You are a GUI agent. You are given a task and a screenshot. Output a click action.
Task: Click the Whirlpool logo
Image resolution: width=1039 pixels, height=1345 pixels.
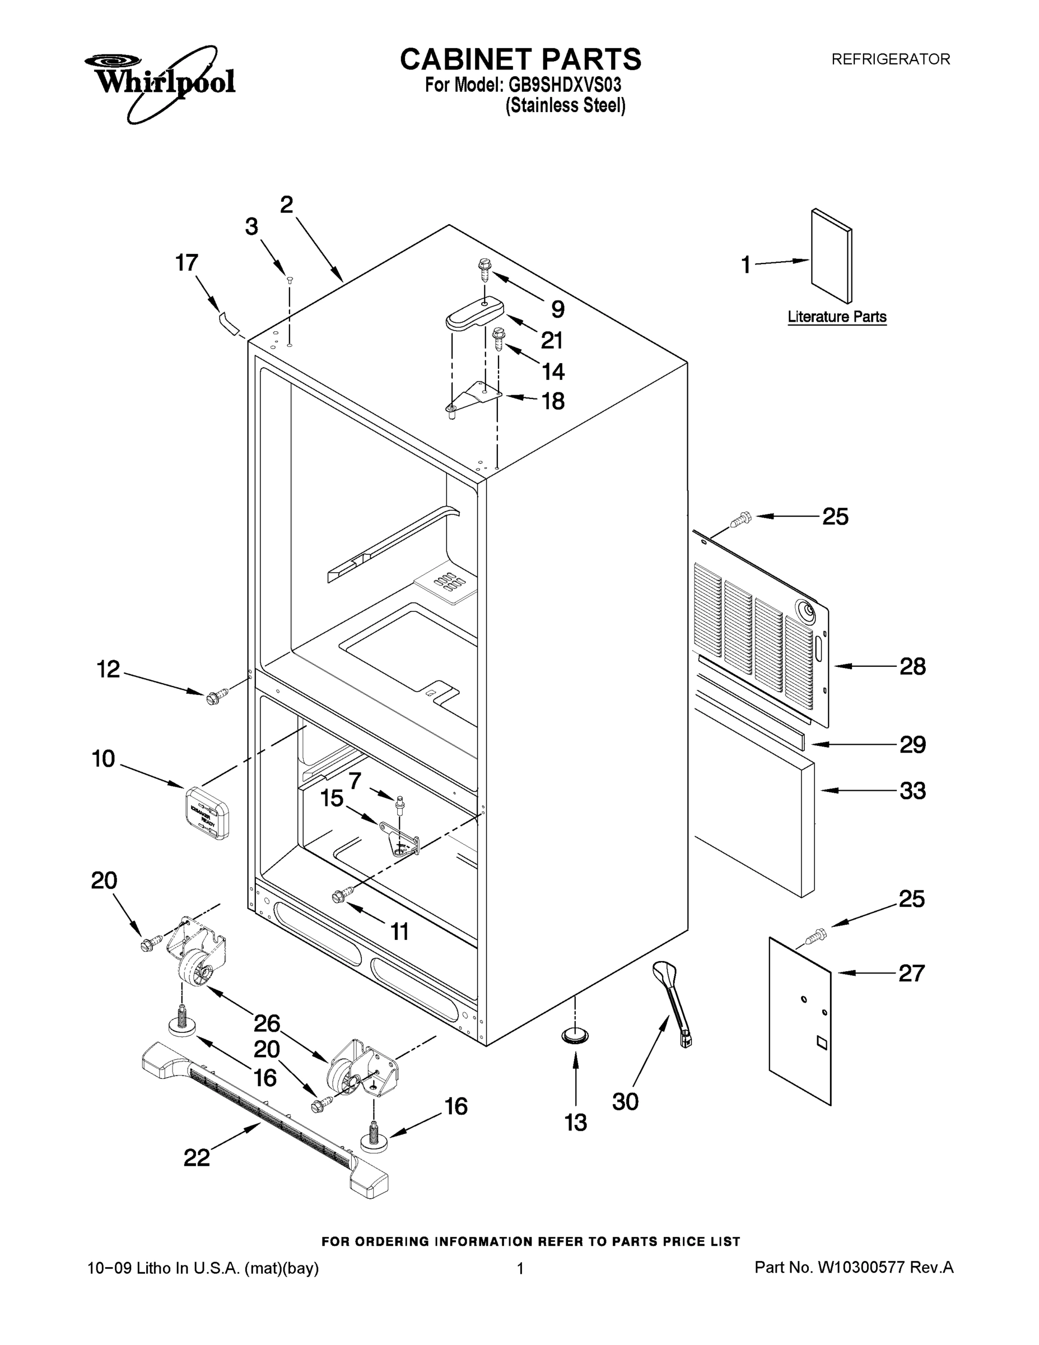click(x=160, y=83)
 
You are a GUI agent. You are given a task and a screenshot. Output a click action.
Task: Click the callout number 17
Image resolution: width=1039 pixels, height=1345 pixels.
click(x=187, y=263)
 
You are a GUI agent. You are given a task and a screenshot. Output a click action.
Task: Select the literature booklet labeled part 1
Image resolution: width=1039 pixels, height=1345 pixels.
click(x=831, y=256)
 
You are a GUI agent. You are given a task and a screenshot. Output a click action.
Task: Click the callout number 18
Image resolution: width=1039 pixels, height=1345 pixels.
click(x=553, y=401)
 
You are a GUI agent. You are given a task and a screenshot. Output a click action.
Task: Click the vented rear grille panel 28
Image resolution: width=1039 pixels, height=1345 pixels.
click(x=763, y=634)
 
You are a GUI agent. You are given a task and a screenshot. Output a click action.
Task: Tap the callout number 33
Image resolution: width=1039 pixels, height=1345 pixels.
click(x=912, y=791)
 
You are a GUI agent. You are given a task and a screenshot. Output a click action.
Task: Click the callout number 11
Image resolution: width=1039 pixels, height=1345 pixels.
click(x=400, y=932)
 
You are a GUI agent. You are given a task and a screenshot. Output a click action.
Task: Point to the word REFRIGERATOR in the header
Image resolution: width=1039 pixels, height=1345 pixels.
click(x=890, y=59)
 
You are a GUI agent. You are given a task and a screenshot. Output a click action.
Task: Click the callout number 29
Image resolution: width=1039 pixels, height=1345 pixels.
click(x=912, y=745)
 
